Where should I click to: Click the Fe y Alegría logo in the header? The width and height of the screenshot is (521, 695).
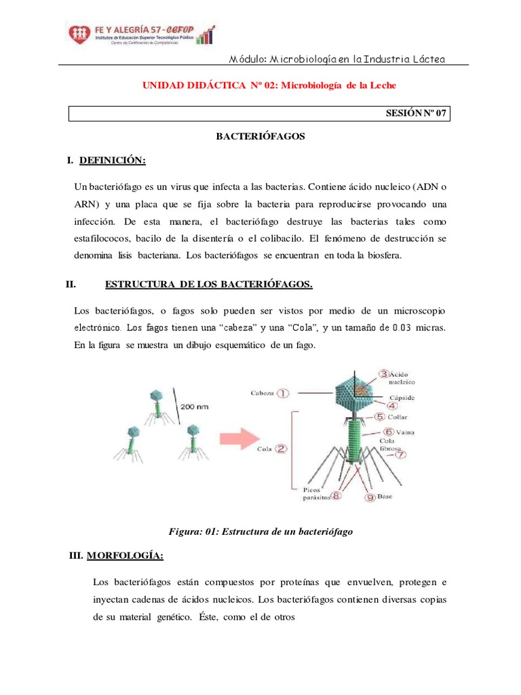tap(139, 33)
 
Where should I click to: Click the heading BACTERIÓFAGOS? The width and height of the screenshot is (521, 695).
tap(260, 136)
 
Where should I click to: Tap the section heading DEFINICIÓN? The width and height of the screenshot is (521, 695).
tap(112, 161)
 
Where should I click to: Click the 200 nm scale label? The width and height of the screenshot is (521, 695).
tap(197, 407)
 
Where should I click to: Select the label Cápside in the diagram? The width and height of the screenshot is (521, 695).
tap(402, 397)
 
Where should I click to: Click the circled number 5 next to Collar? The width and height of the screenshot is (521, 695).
tap(381, 417)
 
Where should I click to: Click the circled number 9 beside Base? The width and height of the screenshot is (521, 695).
tap(370, 497)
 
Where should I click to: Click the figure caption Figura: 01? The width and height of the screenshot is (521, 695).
tap(261, 532)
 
